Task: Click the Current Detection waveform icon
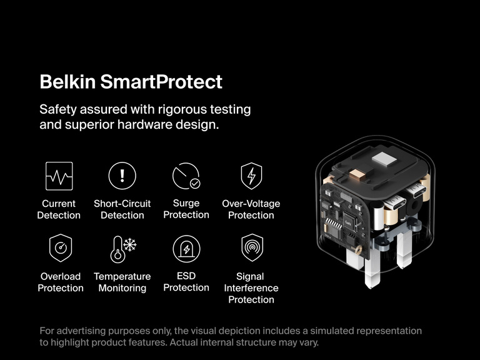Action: click(x=59, y=176)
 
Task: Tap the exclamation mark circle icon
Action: click(x=122, y=176)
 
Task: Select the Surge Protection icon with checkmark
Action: click(x=186, y=176)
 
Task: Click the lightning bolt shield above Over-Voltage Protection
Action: click(x=251, y=176)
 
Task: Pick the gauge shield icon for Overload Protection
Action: click(x=61, y=248)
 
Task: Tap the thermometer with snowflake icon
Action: click(x=122, y=249)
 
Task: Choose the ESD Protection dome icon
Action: click(x=186, y=249)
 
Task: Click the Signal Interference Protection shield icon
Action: click(x=251, y=248)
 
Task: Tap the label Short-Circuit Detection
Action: click(x=122, y=209)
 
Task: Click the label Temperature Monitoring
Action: click(x=122, y=282)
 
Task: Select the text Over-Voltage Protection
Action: click(x=251, y=209)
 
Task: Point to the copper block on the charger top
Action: click(x=357, y=176)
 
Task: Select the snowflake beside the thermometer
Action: click(x=130, y=244)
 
